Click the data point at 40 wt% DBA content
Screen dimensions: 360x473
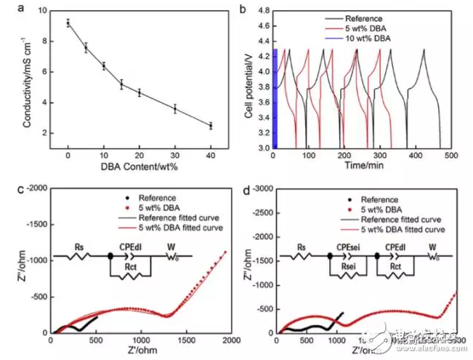pos(211,126)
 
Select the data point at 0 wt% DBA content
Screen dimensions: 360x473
pos(68,23)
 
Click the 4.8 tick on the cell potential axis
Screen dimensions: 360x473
pos(263,11)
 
